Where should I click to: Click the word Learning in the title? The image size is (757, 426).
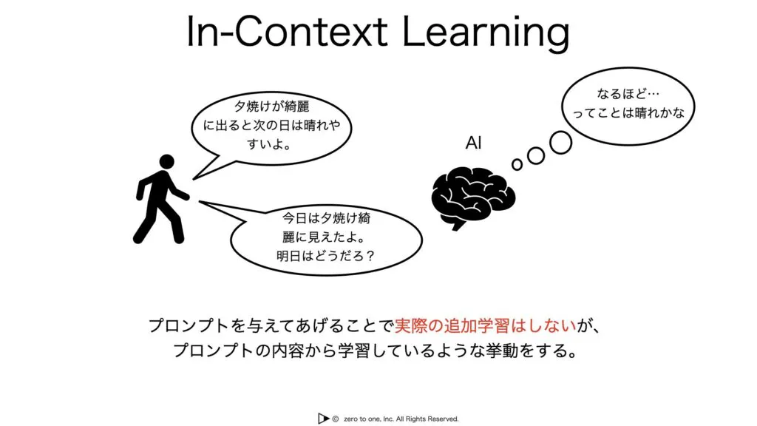click(x=486, y=33)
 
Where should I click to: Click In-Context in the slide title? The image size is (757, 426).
click(x=288, y=31)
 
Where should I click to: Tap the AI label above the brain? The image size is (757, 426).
click(x=474, y=143)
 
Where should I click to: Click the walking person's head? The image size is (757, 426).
click(x=166, y=162)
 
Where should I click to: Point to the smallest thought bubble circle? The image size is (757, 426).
click(x=517, y=165)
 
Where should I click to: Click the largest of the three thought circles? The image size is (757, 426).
click(x=561, y=143)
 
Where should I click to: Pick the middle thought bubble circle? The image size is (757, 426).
click(x=536, y=155)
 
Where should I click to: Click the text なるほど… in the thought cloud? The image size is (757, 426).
click(x=628, y=93)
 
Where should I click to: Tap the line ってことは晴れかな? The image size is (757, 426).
click(x=628, y=113)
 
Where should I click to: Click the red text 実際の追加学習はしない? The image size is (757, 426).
click(x=486, y=326)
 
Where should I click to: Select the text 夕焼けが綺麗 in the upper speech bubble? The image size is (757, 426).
click(x=272, y=106)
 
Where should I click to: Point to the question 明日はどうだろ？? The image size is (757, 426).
click(x=325, y=255)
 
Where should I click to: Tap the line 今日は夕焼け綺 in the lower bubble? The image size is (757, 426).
click(x=326, y=218)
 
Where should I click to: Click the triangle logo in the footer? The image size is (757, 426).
click(x=323, y=419)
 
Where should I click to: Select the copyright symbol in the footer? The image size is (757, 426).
click(x=336, y=419)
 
